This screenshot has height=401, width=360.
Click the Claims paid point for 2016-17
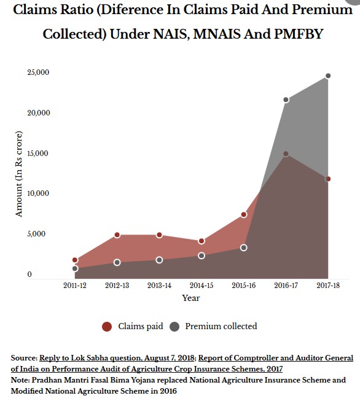pyautogui.click(x=286, y=154)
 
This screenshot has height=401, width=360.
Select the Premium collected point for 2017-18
pyautogui.click(x=328, y=76)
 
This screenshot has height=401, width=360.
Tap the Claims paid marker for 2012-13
pyautogui.click(x=117, y=235)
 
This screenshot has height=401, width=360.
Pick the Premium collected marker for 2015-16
pyautogui.click(x=244, y=247)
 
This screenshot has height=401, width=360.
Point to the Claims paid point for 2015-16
pyautogui.click(x=244, y=214)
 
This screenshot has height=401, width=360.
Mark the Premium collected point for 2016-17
pyautogui.click(x=286, y=99)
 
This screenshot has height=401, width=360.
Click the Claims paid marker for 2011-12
pyautogui.click(x=75, y=260)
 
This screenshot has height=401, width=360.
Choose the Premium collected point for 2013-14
pyautogui.click(x=159, y=260)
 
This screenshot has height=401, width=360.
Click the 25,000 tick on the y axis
pyautogui.click(x=38, y=72)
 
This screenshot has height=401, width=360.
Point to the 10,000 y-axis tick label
pyautogui.click(x=38, y=193)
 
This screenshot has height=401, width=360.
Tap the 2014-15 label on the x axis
pyautogui.click(x=202, y=286)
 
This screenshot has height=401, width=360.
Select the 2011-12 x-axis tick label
pyautogui.click(x=75, y=286)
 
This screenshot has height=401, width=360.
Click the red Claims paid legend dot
pyautogui.click(x=107, y=327)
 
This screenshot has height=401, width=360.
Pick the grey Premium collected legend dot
pyautogui.click(x=174, y=327)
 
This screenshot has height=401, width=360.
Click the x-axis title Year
pyautogui.click(x=191, y=298)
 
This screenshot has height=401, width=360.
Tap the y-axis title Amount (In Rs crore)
pyautogui.click(x=18, y=174)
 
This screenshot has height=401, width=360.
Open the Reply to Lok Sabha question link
pyautogui.click(x=117, y=358)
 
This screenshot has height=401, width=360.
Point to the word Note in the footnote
pyautogui.click(x=20, y=380)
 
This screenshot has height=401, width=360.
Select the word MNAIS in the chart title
pyautogui.click(x=217, y=34)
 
